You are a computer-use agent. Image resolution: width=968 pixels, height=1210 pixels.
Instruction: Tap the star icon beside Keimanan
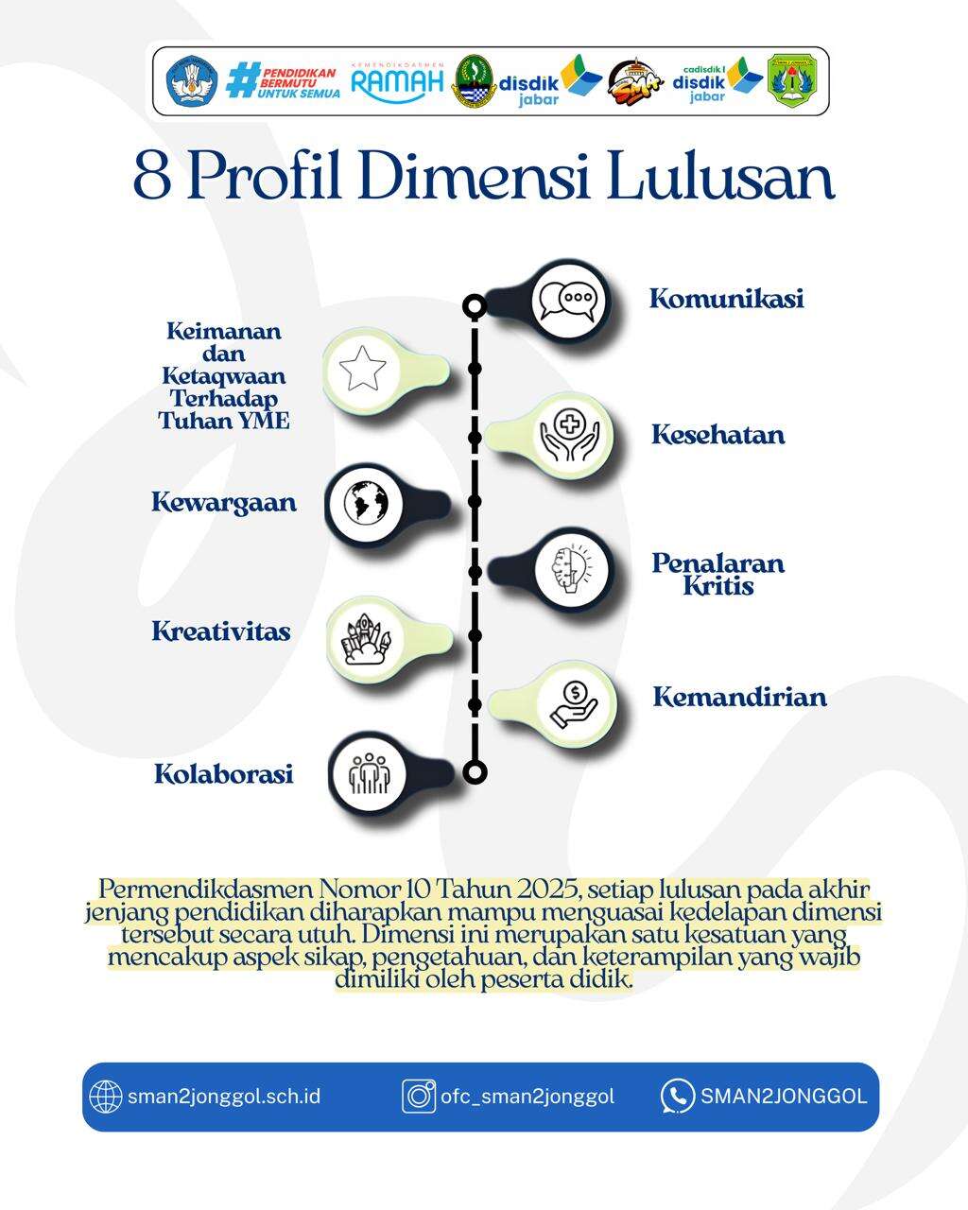pos(363,369)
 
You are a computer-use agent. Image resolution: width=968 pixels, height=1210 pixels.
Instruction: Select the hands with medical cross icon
pos(569,435)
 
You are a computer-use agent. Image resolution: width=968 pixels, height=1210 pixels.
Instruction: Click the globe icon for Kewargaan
pos(366,502)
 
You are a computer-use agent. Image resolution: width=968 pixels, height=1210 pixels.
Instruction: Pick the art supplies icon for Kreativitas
pos(367,639)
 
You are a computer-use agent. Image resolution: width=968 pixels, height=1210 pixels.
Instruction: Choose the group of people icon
pos(369,773)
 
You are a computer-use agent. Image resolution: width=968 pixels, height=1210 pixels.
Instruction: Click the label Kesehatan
pos(717,435)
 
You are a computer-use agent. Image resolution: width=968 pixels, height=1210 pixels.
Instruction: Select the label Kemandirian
pos(739,698)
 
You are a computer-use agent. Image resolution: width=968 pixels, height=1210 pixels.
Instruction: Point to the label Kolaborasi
pos(224,773)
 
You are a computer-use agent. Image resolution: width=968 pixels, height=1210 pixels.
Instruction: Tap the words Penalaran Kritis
pos(718,574)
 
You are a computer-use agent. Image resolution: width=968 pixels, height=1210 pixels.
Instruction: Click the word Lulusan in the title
pos(721,176)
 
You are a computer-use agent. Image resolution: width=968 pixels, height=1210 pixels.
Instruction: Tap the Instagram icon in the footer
pos(419,1097)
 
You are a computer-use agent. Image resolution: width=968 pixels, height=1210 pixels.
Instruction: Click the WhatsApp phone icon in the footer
pos(678,1097)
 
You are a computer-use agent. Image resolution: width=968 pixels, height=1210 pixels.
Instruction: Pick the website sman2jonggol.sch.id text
pos(224,1097)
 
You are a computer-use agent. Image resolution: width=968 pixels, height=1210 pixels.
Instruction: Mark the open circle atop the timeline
pos(475,306)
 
